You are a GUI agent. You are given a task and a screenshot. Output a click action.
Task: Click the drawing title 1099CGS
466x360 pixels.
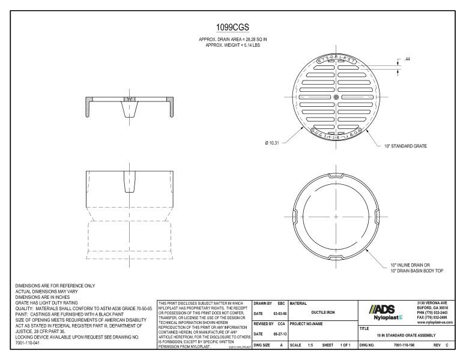tap(232, 28)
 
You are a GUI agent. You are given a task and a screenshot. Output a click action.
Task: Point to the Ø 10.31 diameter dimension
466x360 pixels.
tap(272, 143)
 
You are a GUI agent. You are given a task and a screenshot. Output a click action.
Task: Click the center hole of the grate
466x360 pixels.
tap(336, 97)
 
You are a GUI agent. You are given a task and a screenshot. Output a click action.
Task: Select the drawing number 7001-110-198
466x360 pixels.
tap(405, 346)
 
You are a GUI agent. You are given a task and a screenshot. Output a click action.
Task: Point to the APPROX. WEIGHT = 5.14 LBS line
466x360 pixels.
tap(233, 45)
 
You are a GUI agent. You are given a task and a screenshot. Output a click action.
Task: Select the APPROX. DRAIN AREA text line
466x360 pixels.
tap(233, 40)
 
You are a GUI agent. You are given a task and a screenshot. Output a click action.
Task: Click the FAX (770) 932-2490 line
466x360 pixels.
tap(432, 318)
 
